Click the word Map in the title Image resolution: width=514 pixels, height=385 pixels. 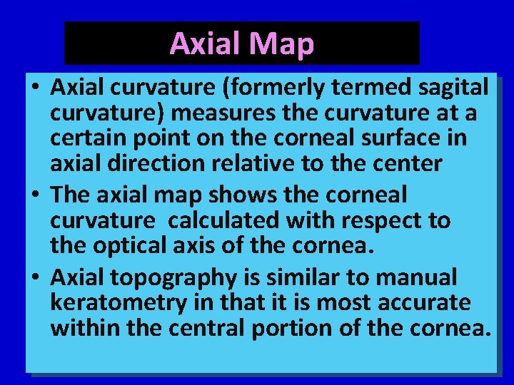281,44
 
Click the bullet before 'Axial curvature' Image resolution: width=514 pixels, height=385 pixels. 35,88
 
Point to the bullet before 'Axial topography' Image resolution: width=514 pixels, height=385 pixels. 35,277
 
